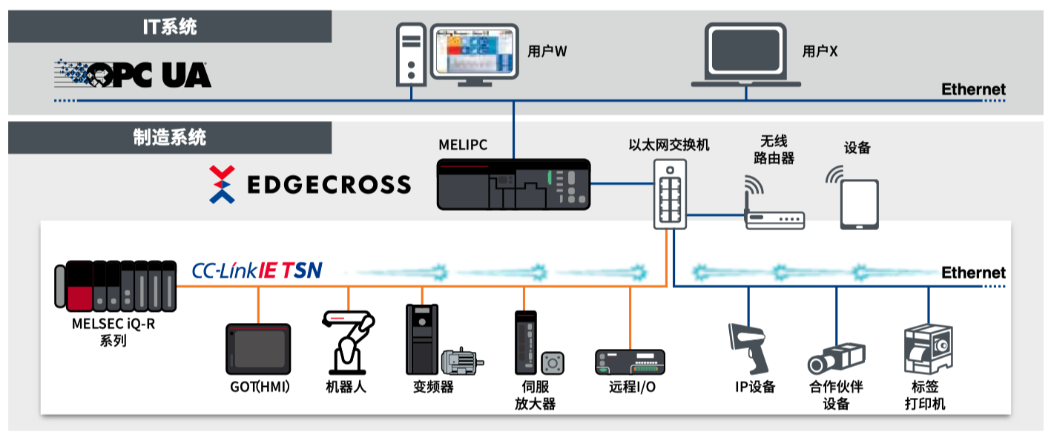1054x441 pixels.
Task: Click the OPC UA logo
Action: [133, 74]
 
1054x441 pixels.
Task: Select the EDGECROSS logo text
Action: [329, 185]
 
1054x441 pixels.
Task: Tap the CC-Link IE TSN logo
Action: [257, 270]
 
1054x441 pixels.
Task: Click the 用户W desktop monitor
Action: [474, 55]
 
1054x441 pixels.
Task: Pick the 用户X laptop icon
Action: [745, 55]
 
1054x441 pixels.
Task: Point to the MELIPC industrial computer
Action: [513, 184]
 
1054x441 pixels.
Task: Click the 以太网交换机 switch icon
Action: [670, 194]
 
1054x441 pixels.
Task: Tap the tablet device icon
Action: [859, 204]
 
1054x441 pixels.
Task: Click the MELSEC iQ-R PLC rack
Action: [116, 286]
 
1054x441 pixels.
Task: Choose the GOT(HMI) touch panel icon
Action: [258, 349]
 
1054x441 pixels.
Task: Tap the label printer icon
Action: [929, 349]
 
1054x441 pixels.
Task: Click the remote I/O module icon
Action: [630, 362]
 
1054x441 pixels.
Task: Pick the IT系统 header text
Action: [170, 27]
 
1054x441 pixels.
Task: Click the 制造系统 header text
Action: [169, 137]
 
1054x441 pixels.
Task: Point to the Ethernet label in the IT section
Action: [973, 89]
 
